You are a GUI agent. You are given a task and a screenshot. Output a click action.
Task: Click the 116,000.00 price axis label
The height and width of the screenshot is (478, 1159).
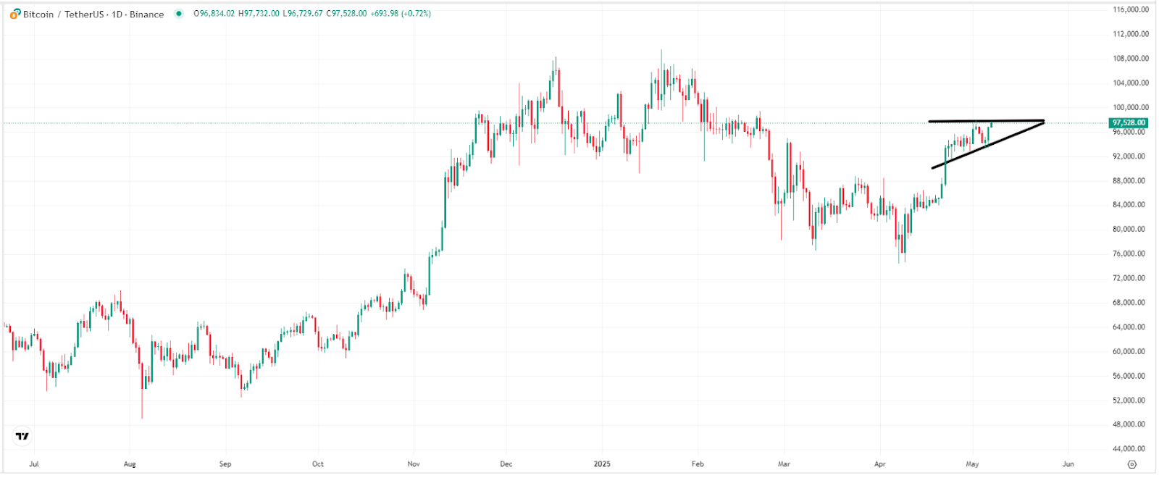(1130, 9)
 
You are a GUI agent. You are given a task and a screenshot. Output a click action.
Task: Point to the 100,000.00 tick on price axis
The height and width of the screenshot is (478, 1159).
(1130, 107)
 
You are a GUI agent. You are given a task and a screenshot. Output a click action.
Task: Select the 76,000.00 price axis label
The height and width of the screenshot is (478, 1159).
(1130, 253)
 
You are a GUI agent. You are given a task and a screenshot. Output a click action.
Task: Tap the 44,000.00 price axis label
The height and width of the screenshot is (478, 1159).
(1130, 448)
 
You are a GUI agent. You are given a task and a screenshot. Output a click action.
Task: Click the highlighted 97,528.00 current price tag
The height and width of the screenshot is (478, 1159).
(1129, 123)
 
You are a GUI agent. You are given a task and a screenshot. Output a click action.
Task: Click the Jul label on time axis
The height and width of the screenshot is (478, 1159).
(33, 464)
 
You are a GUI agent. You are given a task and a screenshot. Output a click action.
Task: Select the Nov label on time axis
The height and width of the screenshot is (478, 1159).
(414, 464)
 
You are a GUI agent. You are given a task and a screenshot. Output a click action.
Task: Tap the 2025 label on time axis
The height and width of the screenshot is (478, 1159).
(602, 464)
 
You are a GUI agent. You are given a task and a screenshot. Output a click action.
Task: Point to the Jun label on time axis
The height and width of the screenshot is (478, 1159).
(1068, 464)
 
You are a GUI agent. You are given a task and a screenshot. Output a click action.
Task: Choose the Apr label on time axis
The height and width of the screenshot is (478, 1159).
(879, 464)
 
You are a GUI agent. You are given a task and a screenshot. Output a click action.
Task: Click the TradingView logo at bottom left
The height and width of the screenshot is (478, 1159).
(22, 436)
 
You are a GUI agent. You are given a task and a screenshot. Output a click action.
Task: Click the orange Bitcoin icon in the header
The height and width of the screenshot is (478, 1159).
(15, 14)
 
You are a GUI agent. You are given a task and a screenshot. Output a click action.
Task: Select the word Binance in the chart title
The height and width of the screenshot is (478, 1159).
(146, 14)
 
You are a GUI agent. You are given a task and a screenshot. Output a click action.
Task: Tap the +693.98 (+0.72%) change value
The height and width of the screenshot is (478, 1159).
(401, 14)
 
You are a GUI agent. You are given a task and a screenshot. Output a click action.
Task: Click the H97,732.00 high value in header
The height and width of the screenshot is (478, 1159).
(259, 14)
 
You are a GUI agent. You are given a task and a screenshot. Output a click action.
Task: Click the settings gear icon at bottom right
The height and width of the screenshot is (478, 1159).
(1132, 464)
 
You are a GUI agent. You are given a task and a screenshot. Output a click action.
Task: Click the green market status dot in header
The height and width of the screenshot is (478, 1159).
(179, 13)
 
